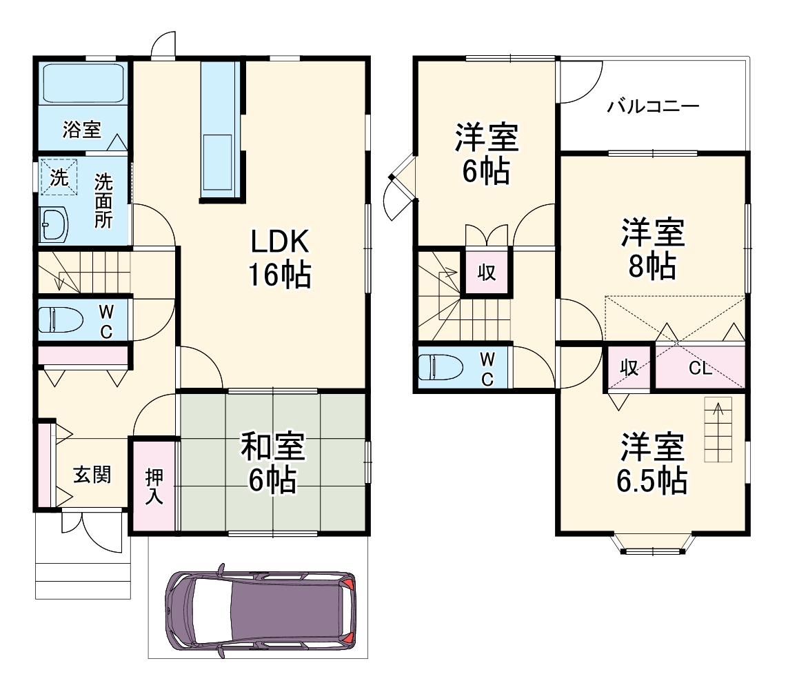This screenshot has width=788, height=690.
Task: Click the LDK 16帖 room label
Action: pyautogui.click(x=280, y=258)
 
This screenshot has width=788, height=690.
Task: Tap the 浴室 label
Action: pyautogui.click(x=81, y=129)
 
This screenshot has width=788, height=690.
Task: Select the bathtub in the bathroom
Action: pyautogui.click(x=82, y=83)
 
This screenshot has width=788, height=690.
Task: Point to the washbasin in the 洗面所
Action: pyautogui.click(x=54, y=224)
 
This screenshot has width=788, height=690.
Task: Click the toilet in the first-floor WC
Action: pyautogui.click(x=61, y=319)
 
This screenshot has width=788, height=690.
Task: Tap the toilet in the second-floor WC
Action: pyautogui.click(x=442, y=367)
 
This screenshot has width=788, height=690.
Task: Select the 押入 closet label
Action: pyautogui.click(x=154, y=486)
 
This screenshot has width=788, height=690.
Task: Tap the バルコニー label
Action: pyautogui.click(x=653, y=106)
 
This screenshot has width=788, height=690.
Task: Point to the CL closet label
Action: pyautogui.click(x=700, y=368)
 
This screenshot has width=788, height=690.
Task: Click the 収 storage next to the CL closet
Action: pyautogui.click(x=628, y=368)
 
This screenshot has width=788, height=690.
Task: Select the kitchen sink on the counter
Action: pyautogui.click(x=219, y=164)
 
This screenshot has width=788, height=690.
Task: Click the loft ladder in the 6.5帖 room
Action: pyautogui.click(x=718, y=431)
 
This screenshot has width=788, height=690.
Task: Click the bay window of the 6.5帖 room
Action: pyautogui.click(x=652, y=545)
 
